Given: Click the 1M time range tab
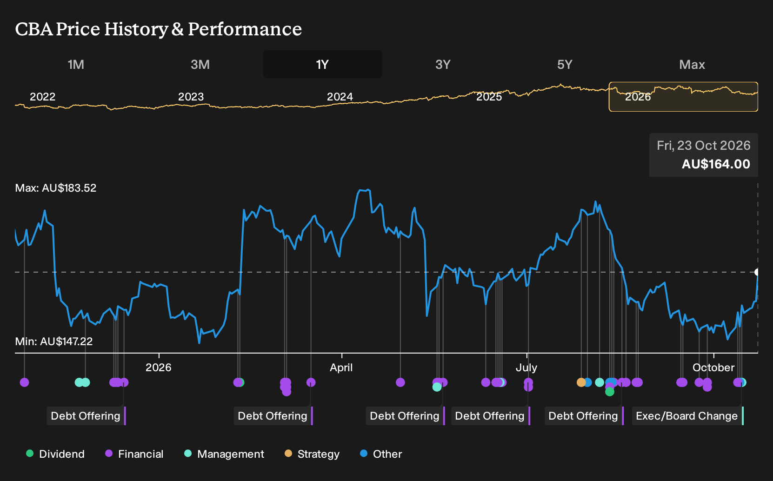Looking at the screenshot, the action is pyautogui.click(x=76, y=65).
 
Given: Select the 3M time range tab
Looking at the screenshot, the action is pyautogui.click(x=200, y=65).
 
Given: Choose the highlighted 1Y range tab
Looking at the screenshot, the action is pyautogui.click(x=323, y=64).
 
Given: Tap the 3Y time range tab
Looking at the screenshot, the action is pyautogui.click(x=443, y=65).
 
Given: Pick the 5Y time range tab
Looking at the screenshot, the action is pyautogui.click(x=565, y=65).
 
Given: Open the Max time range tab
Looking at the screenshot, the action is pyautogui.click(x=692, y=65).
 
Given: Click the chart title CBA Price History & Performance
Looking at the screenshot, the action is pyautogui.click(x=159, y=29).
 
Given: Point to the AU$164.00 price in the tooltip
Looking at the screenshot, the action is pyautogui.click(x=716, y=164).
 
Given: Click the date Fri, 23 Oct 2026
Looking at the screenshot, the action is pyautogui.click(x=703, y=146).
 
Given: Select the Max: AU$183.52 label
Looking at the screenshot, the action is pyautogui.click(x=55, y=188).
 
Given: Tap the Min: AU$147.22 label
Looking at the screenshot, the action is pyautogui.click(x=54, y=341).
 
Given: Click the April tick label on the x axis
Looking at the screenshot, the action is pyautogui.click(x=341, y=367).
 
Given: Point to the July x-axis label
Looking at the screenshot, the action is pyautogui.click(x=526, y=367).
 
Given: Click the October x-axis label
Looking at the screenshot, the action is pyautogui.click(x=713, y=367).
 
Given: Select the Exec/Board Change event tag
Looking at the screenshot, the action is pyautogui.click(x=687, y=416).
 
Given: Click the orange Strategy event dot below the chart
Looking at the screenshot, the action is pyautogui.click(x=581, y=382).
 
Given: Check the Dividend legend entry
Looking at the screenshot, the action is pyautogui.click(x=55, y=454).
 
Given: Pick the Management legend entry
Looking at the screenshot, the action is pyautogui.click(x=224, y=454).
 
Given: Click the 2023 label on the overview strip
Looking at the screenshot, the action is pyautogui.click(x=191, y=97).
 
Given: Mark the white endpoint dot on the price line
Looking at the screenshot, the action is pyautogui.click(x=757, y=272).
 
